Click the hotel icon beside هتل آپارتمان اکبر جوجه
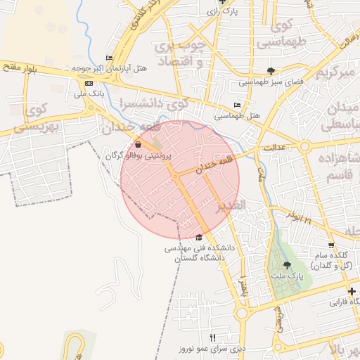(109, 58)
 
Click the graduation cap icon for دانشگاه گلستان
(200, 237)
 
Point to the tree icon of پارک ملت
(287, 265)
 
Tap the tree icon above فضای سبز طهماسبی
(271, 70)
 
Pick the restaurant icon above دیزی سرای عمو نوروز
(212, 337)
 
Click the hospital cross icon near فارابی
(351, 290)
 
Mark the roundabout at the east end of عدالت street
(305, 146)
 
